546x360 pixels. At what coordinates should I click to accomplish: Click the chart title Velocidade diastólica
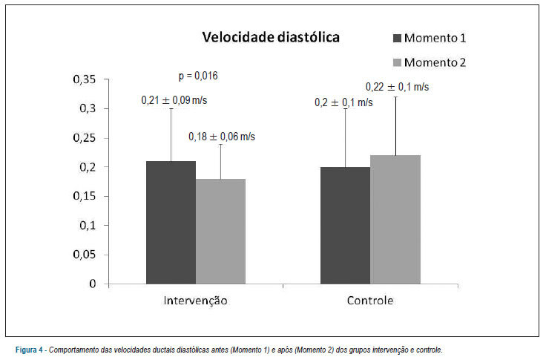pos(271,37)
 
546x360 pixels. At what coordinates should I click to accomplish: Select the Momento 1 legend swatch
pos(397,38)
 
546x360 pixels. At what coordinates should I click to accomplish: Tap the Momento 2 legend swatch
pos(397,62)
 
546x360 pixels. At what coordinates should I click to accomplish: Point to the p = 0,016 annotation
pos(198,76)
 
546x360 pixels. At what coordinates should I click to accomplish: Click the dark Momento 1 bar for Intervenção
pos(171,223)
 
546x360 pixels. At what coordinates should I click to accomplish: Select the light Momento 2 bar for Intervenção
pos(220,232)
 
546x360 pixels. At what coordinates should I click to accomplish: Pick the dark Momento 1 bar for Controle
pos(346,226)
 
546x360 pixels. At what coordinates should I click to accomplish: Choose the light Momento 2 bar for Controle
pos(395,220)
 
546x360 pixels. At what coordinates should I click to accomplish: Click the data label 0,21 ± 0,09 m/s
pos(174,100)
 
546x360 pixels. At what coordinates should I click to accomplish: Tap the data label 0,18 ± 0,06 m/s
pos(222,137)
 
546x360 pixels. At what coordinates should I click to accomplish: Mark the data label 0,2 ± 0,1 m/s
pos(343,102)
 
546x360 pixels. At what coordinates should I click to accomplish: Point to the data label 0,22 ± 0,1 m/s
pos(398,87)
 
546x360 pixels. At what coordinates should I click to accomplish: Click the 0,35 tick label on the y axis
pos(85,79)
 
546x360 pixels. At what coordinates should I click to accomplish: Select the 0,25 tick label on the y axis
pos(85,138)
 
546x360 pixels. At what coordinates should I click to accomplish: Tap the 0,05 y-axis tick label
pos(85,255)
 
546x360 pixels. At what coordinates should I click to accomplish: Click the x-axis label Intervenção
pos(195,301)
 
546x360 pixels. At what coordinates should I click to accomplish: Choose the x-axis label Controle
pos(370,301)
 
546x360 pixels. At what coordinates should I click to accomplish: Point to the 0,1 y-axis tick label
pos(88,226)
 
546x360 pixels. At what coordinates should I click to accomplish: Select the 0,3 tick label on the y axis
pos(88,108)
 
